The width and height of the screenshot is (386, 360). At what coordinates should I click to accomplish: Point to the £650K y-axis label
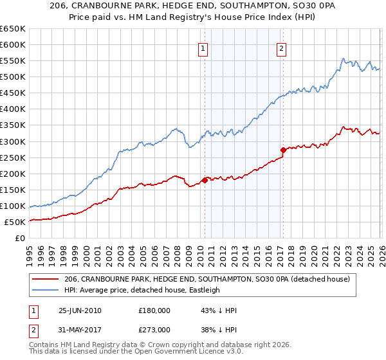[x=13, y=29]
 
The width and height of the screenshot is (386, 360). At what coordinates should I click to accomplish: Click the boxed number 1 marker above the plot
[x=203, y=48]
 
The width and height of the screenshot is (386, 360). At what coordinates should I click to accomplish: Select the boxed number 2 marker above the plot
[x=282, y=48]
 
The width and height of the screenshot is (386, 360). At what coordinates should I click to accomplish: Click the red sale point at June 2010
[x=205, y=180]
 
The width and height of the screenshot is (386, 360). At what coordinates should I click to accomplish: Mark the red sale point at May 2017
[x=283, y=150]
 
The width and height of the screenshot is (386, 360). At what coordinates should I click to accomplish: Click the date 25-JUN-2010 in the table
[x=80, y=310]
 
